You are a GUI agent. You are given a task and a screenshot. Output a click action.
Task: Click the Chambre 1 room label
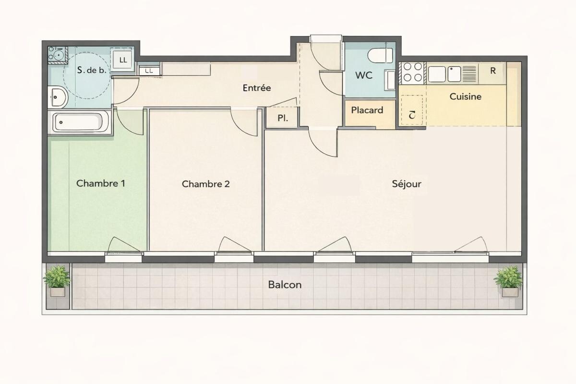(101, 183)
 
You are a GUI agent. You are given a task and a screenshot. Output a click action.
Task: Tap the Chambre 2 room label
(206, 184)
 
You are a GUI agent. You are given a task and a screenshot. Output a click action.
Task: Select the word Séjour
(407, 184)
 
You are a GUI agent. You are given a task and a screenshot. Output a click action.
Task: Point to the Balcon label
(285, 285)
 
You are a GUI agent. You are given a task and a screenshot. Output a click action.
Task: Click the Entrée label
(257, 88)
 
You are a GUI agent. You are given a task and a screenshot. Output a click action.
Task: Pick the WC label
(364, 75)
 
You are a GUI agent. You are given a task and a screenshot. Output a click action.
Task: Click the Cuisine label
(465, 96)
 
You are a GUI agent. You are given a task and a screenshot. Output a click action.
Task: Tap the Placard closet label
(367, 110)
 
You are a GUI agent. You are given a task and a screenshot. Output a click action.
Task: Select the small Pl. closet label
(283, 118)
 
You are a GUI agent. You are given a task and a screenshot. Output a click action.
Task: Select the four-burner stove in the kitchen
(413, 72)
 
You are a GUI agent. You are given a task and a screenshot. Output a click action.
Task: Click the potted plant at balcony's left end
(57, 281)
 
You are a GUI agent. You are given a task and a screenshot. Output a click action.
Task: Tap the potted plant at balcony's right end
(508, 281)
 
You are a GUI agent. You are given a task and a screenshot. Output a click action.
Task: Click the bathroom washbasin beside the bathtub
(58, 97)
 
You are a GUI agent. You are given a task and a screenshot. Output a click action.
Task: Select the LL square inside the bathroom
(123, 60)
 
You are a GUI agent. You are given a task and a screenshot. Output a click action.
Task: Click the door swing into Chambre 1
(130, 122)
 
